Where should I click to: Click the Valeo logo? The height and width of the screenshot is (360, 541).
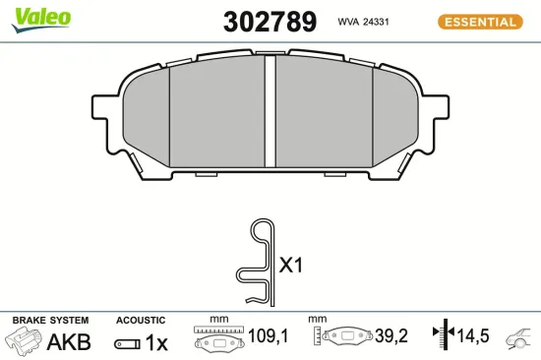coord(39,16)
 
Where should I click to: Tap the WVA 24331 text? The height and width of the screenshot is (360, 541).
coord(365,21)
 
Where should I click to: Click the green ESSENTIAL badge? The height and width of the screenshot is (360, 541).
coord(479,21)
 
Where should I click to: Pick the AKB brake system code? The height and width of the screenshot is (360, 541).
coord(69,342)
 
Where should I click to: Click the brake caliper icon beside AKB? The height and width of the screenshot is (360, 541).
coord(26,342)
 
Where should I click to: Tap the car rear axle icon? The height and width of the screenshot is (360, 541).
coord(520,339)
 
